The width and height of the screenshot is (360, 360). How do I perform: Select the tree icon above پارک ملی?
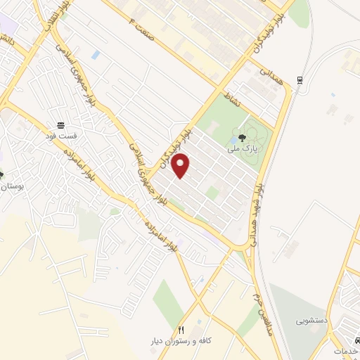point(243,139)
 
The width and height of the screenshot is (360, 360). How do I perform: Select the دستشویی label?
point(311,319)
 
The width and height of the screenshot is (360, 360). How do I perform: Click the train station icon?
point(300,79)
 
